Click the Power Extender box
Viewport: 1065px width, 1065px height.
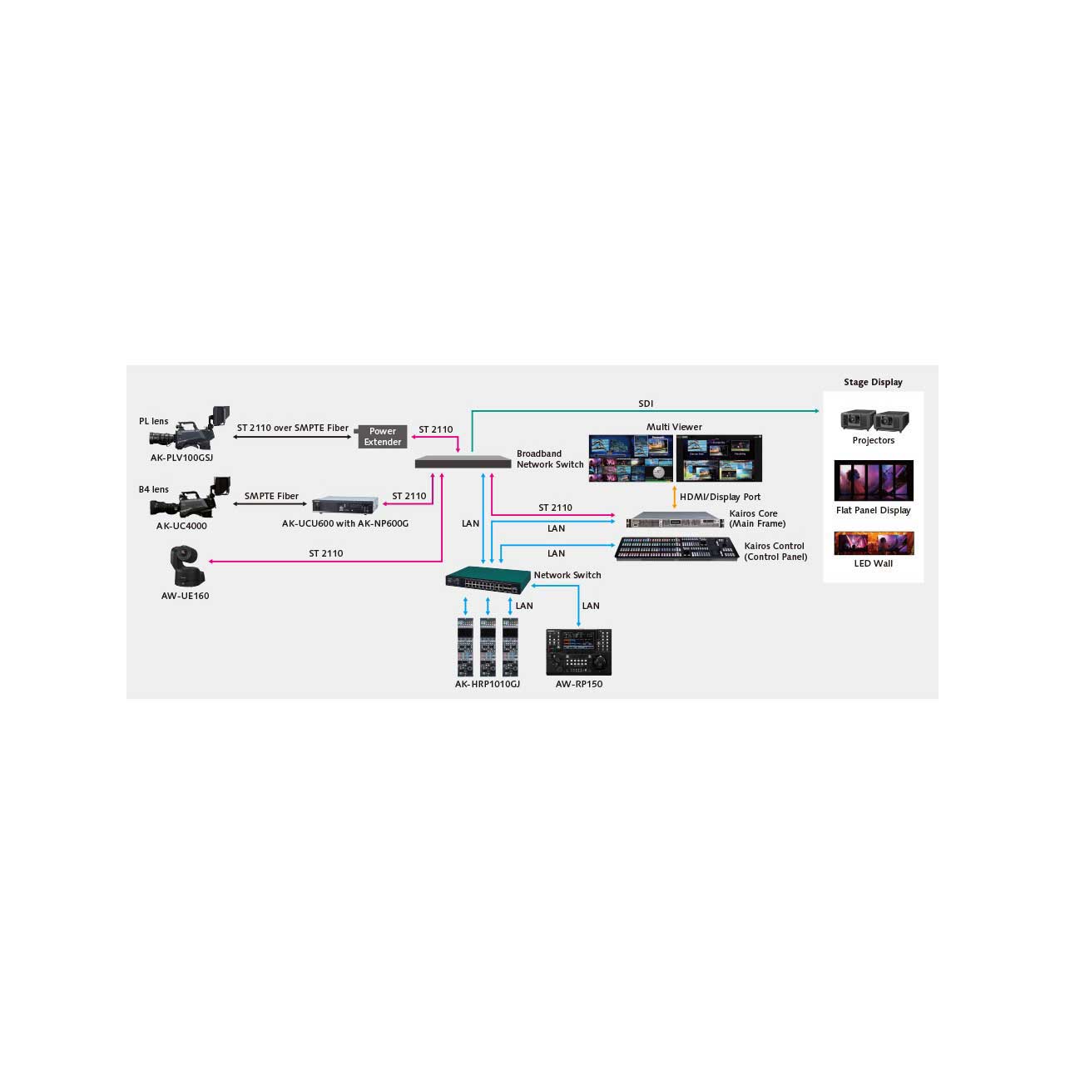pyautogui.click(x=382, y=437)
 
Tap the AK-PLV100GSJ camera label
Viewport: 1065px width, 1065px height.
pyautogui.click(x=181, y=458)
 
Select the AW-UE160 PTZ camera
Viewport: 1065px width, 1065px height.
pyautogui.click(x=187, y=566)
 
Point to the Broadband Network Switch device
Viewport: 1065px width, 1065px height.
pyautogui.click(x=463, y=462)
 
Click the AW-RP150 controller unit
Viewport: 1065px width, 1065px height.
pyautogui.click(x=578, y=652)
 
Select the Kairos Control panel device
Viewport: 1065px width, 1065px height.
pyautogui.click(x=676, y=549)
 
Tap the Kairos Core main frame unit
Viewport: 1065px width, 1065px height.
pyautogui.click(x=675, y=519)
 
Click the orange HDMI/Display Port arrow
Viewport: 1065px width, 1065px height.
pyautogui.click(x=674, y=497)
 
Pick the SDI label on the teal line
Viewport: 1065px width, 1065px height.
pyautogui.click(x=646, y=404)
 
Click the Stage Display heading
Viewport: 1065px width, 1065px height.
pyautogui.click(x=873, y=382)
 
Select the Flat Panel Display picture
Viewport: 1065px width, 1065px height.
pyautogui.click(x=874, y=480)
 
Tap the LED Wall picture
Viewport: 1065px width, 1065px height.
pyautogui.click(x=874, y=543)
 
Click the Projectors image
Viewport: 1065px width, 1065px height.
pyautogui.click(x=874, y=420)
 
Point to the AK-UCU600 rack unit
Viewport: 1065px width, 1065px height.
pyautogui.click(x=345, y=505)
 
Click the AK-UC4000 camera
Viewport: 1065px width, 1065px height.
pyautogui.click(x=190, y=498)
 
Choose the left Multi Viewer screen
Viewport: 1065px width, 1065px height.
pyautogui.click(x=631, y=458)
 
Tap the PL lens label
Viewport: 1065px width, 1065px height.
pyautogui.click(x=154, y=421)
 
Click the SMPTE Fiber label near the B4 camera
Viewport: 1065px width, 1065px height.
pyautogui.click(x=271, y=496)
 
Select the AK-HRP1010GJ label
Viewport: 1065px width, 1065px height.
pyautogui.click(x=487, y=684)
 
